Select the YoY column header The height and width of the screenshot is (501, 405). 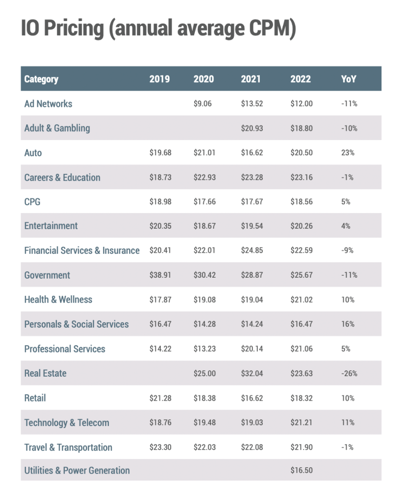pyautogui.click(x=349, y=79)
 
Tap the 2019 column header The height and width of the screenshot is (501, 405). pyautogui.click(x=160, y=79)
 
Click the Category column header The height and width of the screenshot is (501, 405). pyautogui.click(x=41, y=79)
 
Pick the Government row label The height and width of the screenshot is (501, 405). pyautogui.click(x=47, y=275)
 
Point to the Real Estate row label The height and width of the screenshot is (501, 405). pyautogui.click(x=45, y=373)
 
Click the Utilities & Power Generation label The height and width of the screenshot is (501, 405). pyautogui.click(x=77, y=471)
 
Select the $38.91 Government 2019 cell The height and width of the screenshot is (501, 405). pyautogui.click(x=160, y=275)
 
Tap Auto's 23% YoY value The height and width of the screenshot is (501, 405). pyautogui.click(x=348, y=153)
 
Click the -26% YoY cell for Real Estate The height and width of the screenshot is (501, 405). pyautogui.click(x=349, y=373)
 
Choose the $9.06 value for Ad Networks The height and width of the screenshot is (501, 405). pyautogui.click(x=202, y=104)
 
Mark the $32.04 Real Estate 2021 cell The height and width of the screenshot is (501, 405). pyautogui.click(x=252, y=373)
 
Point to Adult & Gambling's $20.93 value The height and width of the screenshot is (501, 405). pyautogui.click(x=252, y=128)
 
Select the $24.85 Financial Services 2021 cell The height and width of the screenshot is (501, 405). pyautogui.click(x=252, y=251)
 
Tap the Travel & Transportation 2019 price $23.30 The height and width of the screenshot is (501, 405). pyautogui.click(x=160, y=447)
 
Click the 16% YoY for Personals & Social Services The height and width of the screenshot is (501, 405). pyautogui.click(x=348, y=324)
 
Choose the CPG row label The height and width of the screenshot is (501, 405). pyautogui.click(x=32, y=202)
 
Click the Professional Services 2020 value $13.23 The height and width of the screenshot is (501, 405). pyautogui.click(x=204, y=349)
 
